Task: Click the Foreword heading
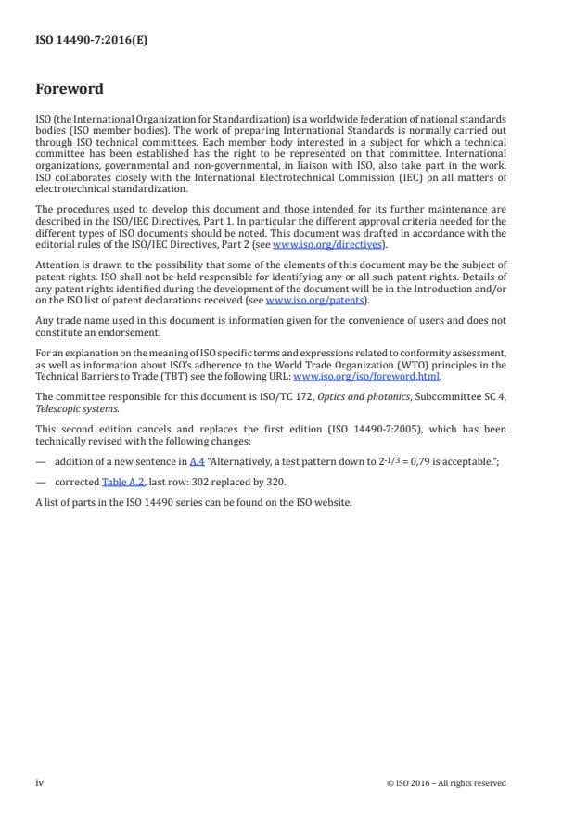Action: pos(69,90)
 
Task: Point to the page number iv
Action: pos(40,782)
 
